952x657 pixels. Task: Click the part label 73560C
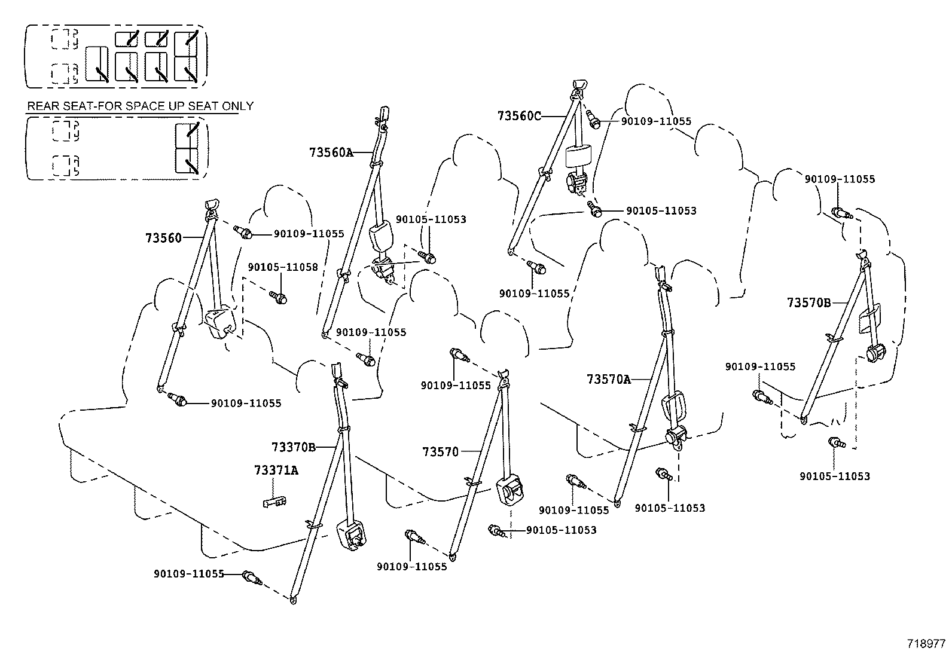[518, 116]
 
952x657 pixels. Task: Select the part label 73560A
[331, 152]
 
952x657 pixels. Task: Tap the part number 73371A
[276, 470]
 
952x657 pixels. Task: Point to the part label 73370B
[293, 447]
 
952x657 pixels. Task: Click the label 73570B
[808, 303]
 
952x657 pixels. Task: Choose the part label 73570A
[609, 379]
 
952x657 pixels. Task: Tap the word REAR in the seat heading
[42, 106]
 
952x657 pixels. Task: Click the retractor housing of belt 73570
[510, 490]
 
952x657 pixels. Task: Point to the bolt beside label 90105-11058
[279, 296]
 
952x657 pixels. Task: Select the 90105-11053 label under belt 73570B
[835, 476]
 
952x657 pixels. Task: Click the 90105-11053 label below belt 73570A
[670, 508]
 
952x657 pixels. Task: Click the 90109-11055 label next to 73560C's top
[655, 121]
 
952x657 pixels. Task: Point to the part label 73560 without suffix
[163, 238]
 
